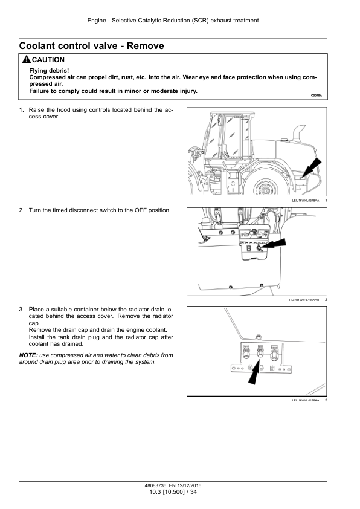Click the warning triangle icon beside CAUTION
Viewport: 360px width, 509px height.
(27, 59)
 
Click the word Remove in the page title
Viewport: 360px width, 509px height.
(146, 46)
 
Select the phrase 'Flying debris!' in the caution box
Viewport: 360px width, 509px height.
(49, 71)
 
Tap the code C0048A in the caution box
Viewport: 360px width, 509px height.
(317, 96)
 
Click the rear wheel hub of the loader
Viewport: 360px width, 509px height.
(266, 189)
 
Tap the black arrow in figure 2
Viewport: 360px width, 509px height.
(274, 244)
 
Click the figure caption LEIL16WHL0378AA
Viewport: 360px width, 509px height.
(305, 201)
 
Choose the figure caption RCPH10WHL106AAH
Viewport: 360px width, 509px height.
(304, 300)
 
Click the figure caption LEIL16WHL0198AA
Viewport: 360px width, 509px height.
(305, 400)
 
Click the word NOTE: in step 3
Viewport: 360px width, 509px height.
(28, 355)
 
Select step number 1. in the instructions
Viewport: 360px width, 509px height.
(21, 110)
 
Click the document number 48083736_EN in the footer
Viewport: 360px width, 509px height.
(160, 485)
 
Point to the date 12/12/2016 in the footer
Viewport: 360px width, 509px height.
(190, 485)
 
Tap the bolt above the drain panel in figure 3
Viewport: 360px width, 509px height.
(259, 337)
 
